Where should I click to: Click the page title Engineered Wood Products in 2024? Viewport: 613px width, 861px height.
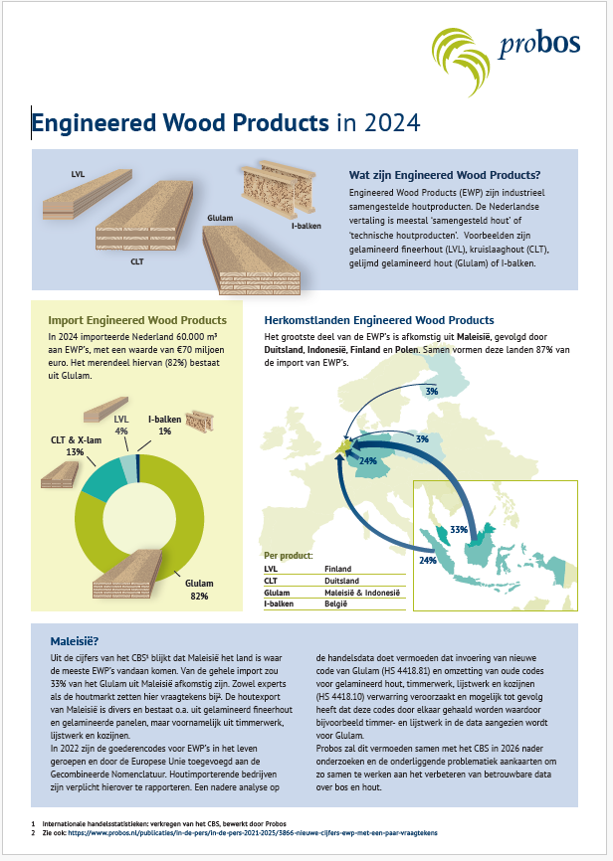coord(227,122)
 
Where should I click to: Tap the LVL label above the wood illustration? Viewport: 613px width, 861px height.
coord(78,174)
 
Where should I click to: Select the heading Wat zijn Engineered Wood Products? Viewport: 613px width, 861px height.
coord(451,176)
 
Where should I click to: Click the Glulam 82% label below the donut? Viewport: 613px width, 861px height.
coord(199,589)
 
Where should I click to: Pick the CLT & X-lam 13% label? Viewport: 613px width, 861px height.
coord(68,445)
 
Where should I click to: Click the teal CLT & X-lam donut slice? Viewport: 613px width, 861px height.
coord(97,475)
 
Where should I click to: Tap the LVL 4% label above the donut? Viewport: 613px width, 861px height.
coord(121,426)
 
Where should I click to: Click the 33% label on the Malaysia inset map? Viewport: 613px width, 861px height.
coord(459,530)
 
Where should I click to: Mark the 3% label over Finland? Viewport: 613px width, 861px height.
coord(432,392)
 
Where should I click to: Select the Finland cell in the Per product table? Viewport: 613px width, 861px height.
coord(338,569)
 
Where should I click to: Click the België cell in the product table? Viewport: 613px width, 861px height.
coord(337,603)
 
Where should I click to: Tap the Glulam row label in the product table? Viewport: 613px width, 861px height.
coord(276,592)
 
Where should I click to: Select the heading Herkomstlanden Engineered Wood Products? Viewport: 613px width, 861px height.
coord(378,320)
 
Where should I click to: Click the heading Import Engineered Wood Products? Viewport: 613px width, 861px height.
coord(137,320)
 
